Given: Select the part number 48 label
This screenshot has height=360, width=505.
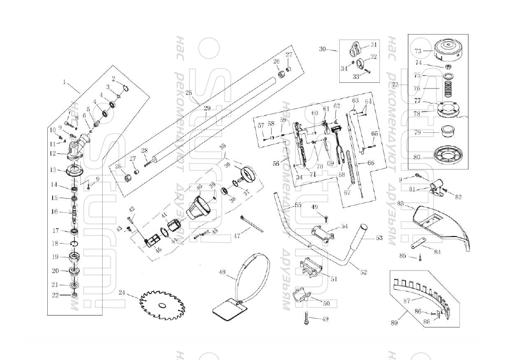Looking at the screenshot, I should [222, 273].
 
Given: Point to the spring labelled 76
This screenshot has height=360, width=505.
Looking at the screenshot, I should [448, 87].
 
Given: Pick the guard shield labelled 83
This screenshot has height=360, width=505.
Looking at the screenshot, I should [442, 224].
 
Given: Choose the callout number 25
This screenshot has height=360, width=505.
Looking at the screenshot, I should [189, 93].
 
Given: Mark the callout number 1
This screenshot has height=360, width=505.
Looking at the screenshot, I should [64, 82].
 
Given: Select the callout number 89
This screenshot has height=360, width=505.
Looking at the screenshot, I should [394, 323].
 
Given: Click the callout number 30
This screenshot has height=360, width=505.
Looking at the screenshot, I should [322, 49].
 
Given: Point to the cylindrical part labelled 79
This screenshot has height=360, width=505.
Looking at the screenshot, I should [450, 132].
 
